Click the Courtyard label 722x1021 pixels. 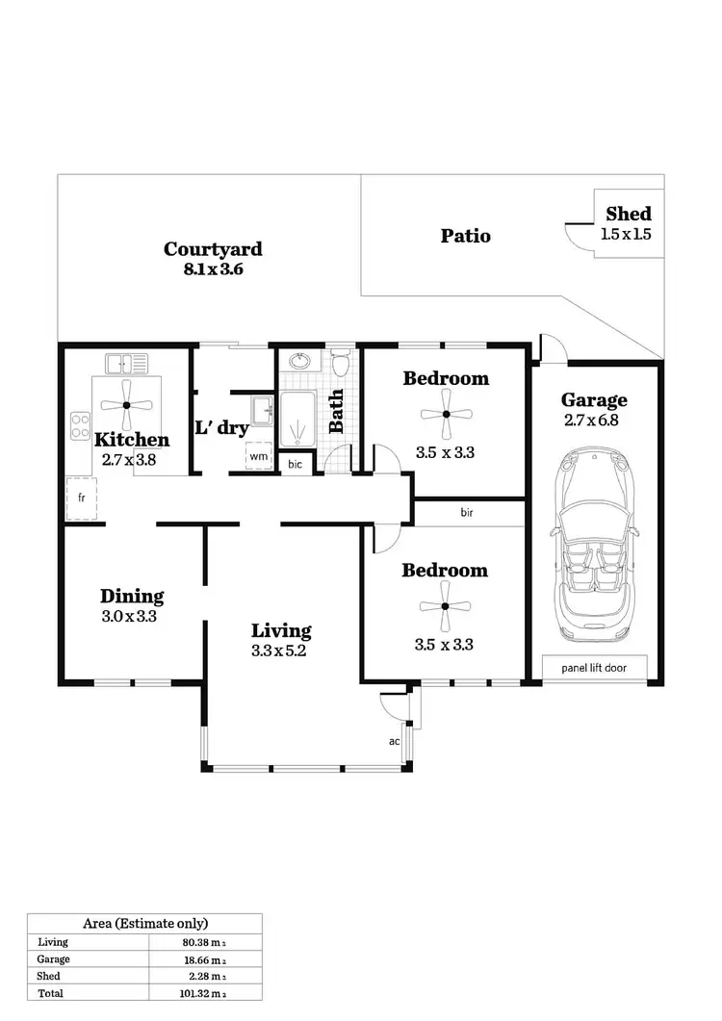[213, 249]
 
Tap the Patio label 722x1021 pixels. [465, 236]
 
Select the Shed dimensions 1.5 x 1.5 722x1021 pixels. [626, 234]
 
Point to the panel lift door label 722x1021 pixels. [592, 666]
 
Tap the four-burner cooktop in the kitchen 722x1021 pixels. [79, 426]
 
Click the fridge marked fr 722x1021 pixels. [82, 499]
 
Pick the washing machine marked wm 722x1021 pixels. [258, 456]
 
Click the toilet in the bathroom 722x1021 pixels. [339, 363]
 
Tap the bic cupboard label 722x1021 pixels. [295, 464]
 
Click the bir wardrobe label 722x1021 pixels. [466, 513]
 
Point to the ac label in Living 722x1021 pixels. [394, 741]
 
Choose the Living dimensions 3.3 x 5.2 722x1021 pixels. [281, 651]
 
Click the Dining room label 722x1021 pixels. [132, 596]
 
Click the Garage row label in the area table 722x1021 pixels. [53, 959]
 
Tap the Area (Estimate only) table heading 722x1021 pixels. [144, 923]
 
